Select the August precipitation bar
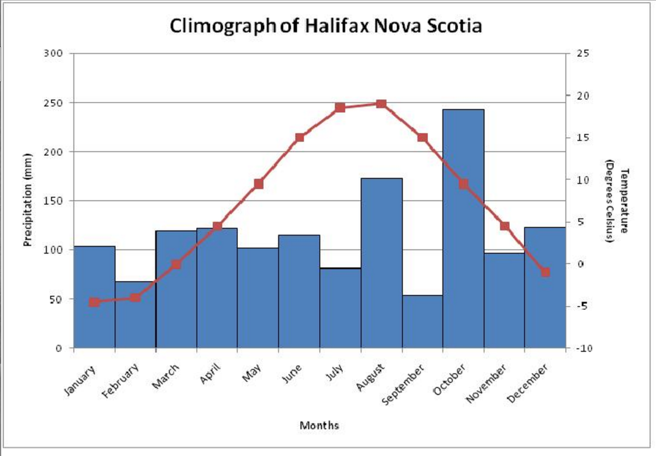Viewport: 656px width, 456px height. (382, 263)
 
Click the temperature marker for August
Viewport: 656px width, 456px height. (382, 104)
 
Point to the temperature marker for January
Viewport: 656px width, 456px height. (94, 302)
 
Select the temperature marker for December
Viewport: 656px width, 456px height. (545, 272)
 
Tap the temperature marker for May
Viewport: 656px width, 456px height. (258, 184)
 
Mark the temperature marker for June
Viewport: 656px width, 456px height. (299, 137)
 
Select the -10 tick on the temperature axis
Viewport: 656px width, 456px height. (583, 349)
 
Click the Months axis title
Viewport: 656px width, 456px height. (319, 426)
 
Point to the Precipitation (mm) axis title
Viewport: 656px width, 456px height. (27, 200)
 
